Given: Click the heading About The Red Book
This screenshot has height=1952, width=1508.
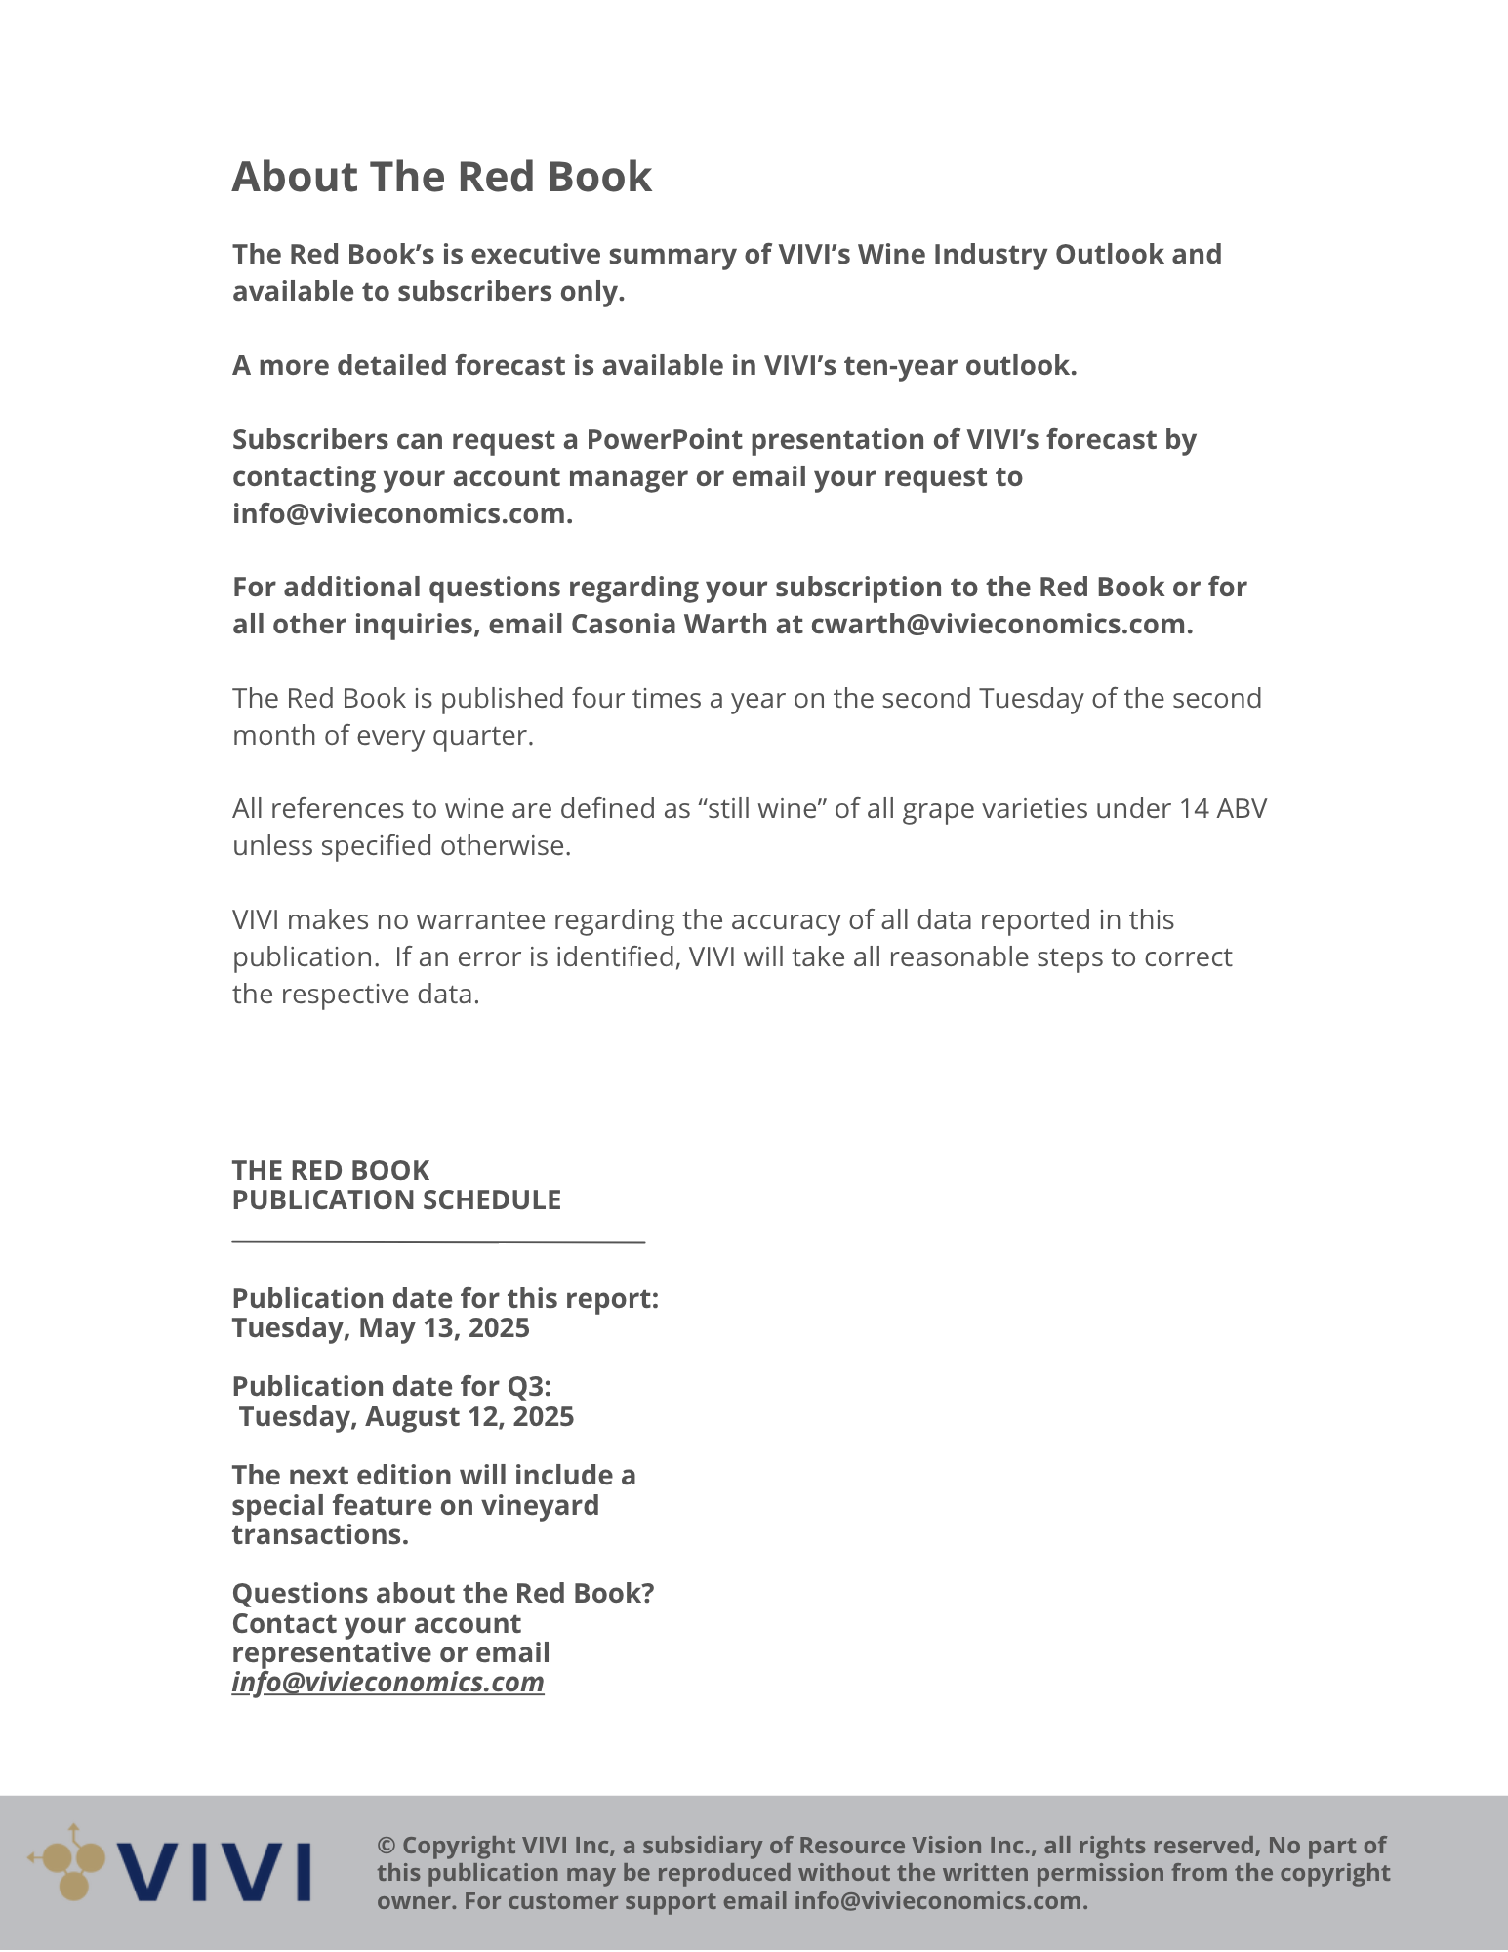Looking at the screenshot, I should point(441,178).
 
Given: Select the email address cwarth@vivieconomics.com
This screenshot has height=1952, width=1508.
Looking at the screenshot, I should point(1000,625).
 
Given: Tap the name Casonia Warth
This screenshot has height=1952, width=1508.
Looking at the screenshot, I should point(669,625).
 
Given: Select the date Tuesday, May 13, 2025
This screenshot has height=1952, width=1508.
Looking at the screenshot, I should point(381,1328).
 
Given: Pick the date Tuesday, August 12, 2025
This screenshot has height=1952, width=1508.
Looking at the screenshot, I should point(406,1417).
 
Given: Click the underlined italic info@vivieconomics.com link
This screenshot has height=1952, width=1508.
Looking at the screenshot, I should point(387,1683).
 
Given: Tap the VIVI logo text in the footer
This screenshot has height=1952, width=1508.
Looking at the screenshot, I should point(215,1872).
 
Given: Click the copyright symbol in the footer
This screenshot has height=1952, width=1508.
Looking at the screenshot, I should point(387,1846).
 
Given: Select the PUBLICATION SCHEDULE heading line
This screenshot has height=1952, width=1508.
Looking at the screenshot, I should point(396,1200).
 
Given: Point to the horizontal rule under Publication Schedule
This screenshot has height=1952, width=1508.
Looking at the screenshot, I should point(438,1241).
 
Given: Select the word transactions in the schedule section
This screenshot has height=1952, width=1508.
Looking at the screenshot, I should point(320,1535).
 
